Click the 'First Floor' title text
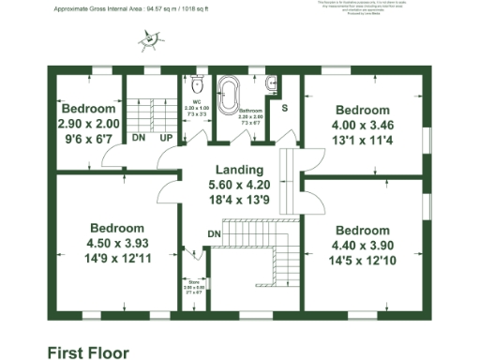[x=88, y=352]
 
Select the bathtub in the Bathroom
[x=229, y=96]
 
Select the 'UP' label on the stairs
[x=165, y=138]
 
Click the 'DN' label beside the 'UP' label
[x=138, y=138]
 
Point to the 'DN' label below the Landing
[x=214, y=233]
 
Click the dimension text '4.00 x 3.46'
[x=362, y=125]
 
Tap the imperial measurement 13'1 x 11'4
[x=362, y=141]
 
